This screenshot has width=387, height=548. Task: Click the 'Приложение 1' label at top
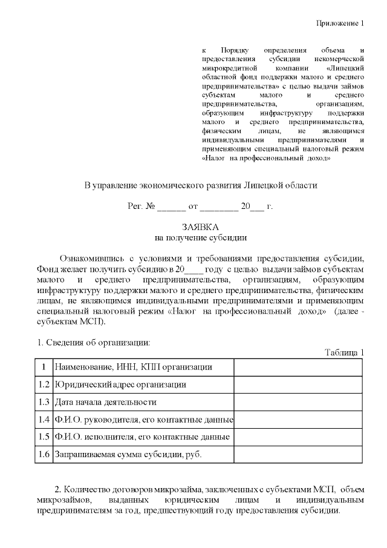(342, 24)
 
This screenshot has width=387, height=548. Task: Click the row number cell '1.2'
(43, 384)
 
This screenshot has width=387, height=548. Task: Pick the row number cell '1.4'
(43, 419)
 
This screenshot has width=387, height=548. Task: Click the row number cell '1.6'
(43, 454)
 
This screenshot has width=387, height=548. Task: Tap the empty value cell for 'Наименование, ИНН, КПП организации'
(298, 367)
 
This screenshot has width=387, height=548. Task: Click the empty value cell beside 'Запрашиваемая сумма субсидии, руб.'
(298, 454)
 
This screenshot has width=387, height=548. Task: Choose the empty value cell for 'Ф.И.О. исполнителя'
(298, 436)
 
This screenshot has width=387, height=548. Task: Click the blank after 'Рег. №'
(172, 207)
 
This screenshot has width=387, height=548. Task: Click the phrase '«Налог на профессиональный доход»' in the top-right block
(266, 159)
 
